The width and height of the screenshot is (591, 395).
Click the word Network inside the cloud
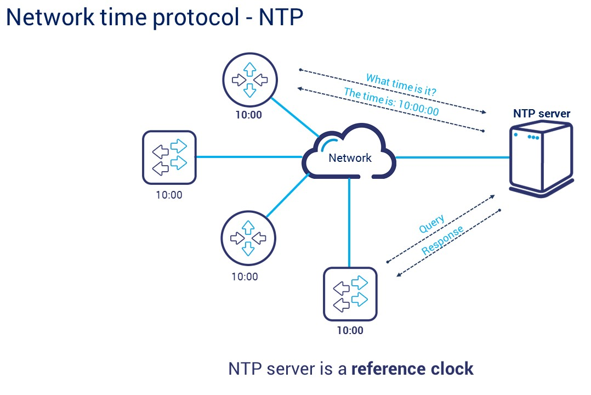pos(350,158)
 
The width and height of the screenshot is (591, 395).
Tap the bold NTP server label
pos(541,114)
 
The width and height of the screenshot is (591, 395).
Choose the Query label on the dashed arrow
pos(431,224)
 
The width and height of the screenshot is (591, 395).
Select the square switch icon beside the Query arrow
pos(350,294)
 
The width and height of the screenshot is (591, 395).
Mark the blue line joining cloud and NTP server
pos(452,158)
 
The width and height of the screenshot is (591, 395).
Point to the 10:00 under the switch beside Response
pos(350,330)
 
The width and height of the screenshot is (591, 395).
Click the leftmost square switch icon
pos(169,157)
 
